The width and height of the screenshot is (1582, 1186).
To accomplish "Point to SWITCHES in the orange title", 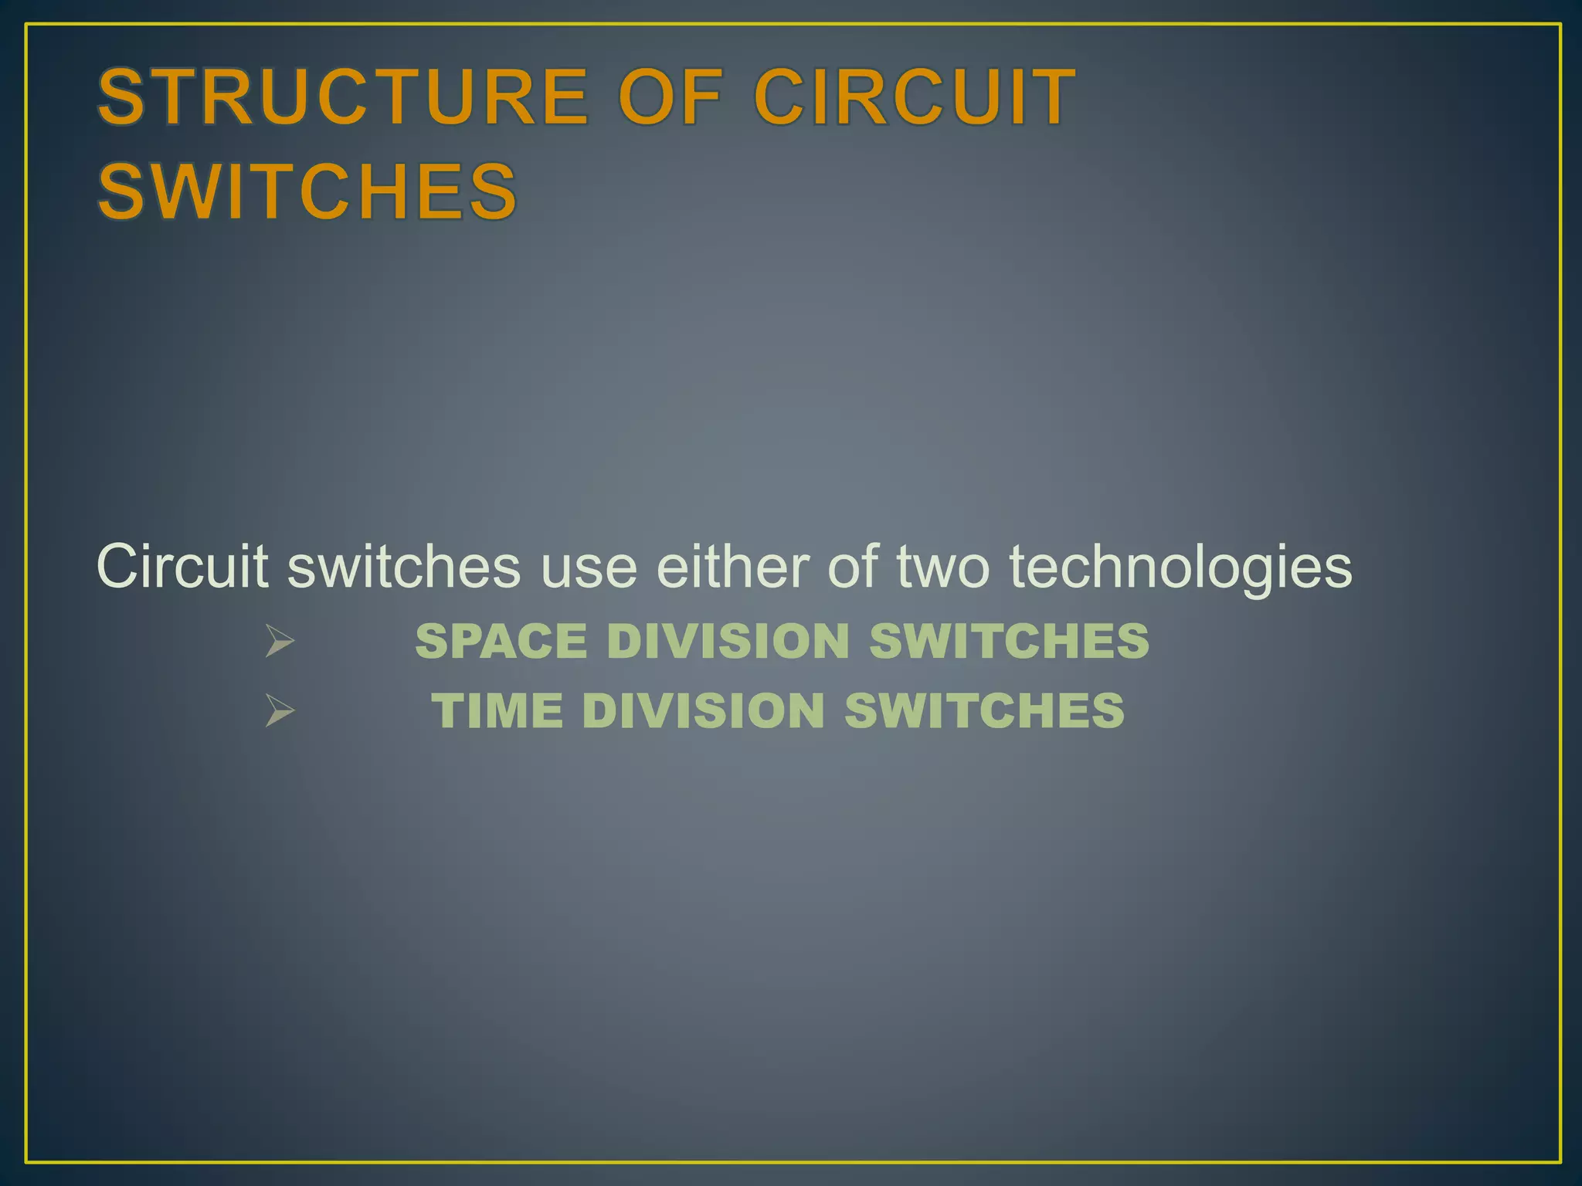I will [x=307, y=191].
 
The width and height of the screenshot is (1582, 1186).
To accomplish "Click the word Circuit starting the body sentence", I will [x=182, y=567].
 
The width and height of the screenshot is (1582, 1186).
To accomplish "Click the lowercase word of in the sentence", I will [x=852, y=567].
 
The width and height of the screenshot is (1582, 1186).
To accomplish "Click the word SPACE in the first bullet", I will [x=501, y=641].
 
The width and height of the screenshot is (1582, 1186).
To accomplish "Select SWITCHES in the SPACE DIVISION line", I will [x=1009, y=641].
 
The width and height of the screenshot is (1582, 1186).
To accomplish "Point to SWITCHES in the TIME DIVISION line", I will [x=984, y=710].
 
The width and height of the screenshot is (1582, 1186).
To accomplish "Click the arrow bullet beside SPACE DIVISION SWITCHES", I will [x=279, y=641].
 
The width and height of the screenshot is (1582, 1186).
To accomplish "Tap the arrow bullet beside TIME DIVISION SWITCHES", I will [x=279, y=710].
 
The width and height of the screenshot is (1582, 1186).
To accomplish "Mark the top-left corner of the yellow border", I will [x=26, y=25].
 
